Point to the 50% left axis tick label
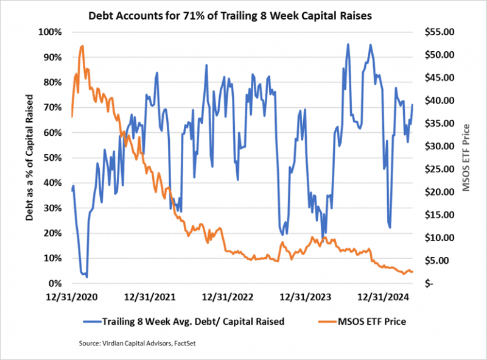point(52,158)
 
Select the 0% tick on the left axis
point(55,284)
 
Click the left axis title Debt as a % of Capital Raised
point(29,157)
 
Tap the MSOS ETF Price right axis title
point(468,157)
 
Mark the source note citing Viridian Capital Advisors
point(141,344)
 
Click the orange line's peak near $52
point(82,46)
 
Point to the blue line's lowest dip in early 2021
point(86,277)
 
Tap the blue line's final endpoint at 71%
point(413,105)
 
